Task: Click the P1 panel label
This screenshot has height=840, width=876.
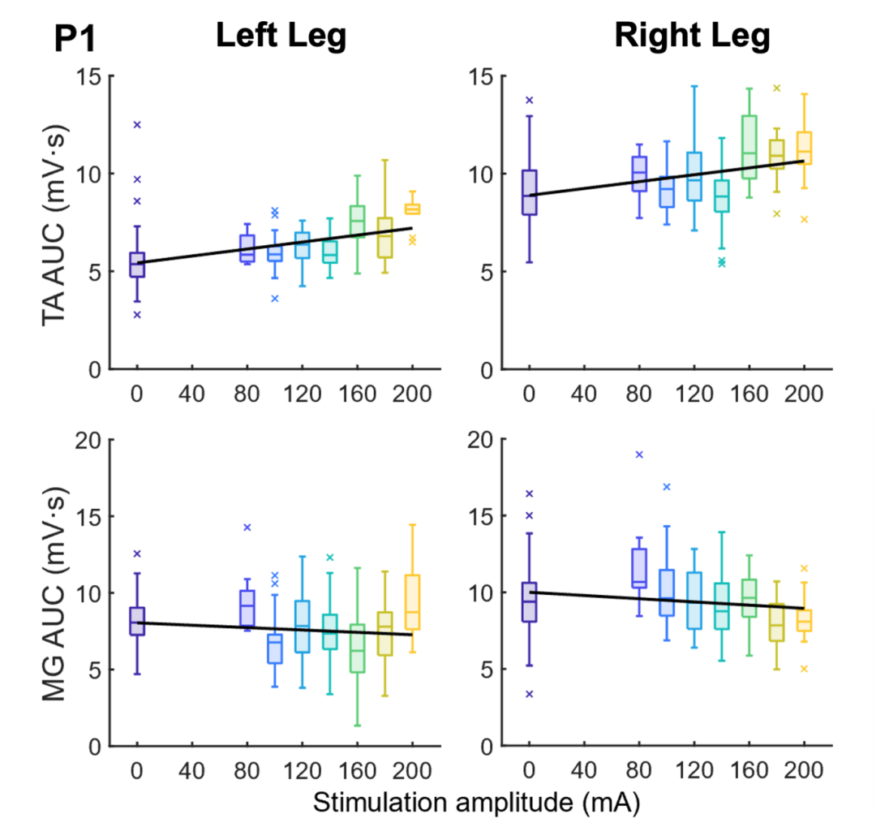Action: (x=75, y=39)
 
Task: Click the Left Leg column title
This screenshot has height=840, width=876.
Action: (x=281, y=37)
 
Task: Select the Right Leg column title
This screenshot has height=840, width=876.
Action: (x=692, y=37)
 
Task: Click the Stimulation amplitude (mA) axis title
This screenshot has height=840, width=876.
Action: (x=477, y=803)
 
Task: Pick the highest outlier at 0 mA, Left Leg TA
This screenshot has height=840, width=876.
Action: (x=137, y=125)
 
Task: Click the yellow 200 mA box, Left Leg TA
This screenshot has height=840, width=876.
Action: (x=412, y=209)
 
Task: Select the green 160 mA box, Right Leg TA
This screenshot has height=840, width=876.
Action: (x=749, y=147)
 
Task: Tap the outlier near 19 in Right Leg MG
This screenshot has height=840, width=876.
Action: (x=640, y=455)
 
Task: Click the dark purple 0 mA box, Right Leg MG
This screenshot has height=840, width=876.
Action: (x=529, y=602)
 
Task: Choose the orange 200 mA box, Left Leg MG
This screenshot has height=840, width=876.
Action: (x=412, y=602)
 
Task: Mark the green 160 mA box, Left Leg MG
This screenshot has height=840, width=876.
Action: (x=358, y=648)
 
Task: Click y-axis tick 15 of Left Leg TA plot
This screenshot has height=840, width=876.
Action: (x=89, y=76)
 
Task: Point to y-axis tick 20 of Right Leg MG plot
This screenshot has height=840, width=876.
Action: (x=481, y=440)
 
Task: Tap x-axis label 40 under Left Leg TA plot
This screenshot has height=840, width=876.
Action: (x=191, y=394)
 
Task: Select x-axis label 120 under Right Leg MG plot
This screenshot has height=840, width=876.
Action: (x=694, y=771)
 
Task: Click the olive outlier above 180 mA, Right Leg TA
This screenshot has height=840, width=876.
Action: (x=776, y=88)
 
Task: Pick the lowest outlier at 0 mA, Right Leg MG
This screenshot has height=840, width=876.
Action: (x=530, y=694)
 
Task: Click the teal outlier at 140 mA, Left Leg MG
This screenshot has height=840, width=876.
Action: (x=329, y=558)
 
